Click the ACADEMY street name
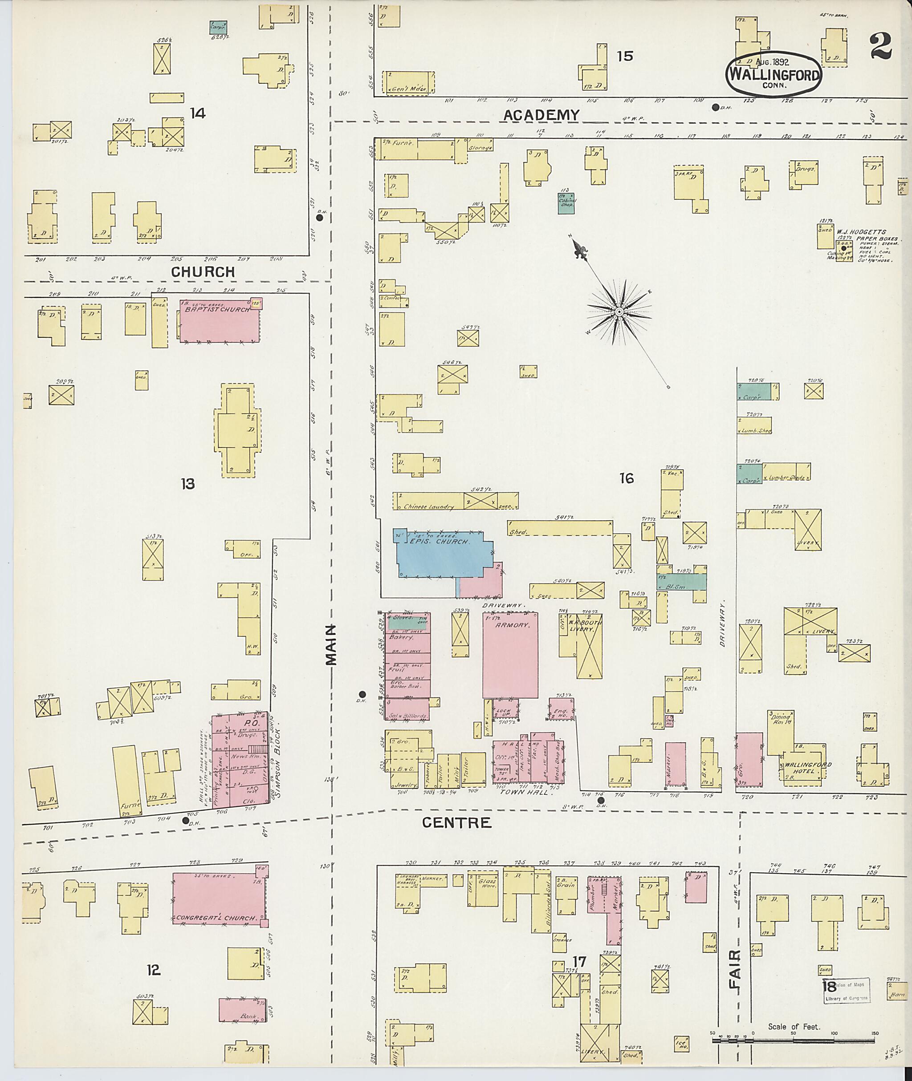coord(541,115)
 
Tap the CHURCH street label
coord(203,272)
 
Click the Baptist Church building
coord(220,320)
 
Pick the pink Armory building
coord(510,655)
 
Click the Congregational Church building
coord(218,899)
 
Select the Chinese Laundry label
coord(428,507)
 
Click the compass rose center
coord(619,312)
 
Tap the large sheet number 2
coord(880,46)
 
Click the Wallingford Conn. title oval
coord(774,74)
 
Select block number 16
coord(626,478)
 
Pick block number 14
coord(198,113)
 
